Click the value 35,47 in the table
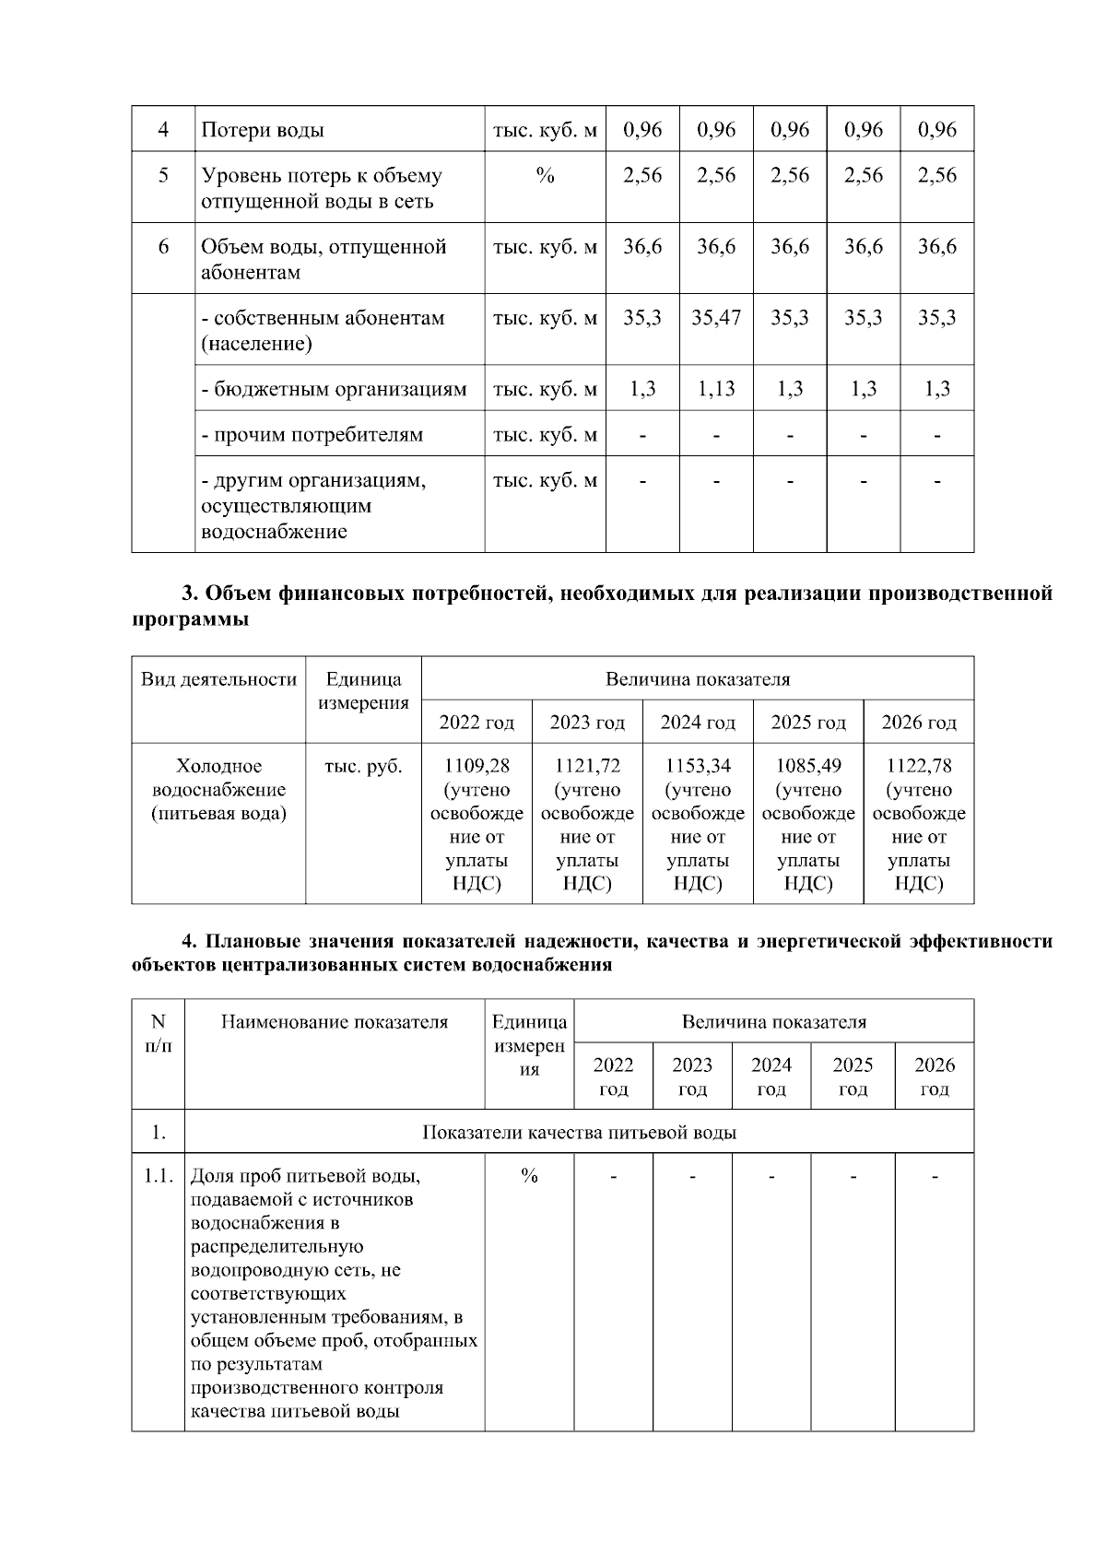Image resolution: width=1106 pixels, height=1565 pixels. click(716, 318)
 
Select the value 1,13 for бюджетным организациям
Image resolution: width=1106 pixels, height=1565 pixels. click(716, 389)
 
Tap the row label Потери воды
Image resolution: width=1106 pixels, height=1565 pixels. click(263, 130)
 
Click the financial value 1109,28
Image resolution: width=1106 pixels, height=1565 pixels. click(477, 766)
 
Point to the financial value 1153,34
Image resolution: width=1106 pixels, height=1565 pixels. click(698, 766)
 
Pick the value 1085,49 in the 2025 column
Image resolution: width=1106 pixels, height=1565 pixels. click(808, 766)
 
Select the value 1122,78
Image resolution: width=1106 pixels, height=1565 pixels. click(919, 766)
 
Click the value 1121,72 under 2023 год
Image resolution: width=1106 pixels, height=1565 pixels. click(587, 766)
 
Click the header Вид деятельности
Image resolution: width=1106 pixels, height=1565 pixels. click(218, 680)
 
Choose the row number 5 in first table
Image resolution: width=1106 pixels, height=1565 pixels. click(163, 175)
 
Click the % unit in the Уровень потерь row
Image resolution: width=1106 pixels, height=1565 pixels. click(545, 175)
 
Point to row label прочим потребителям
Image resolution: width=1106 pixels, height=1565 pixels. click(312, 434)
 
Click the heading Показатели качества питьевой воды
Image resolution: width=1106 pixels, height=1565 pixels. click(579, 1132)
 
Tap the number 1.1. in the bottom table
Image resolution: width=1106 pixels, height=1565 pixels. click(159, 1176)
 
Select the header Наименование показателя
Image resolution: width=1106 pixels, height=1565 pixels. click(335, 1022)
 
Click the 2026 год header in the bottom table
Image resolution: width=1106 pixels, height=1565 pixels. click(934, 1077)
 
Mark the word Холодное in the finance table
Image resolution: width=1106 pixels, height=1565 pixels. click(218, 767)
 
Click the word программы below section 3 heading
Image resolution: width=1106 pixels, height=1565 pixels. click(191, 619)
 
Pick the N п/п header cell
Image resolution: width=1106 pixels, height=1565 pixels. click(159, 1033)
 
